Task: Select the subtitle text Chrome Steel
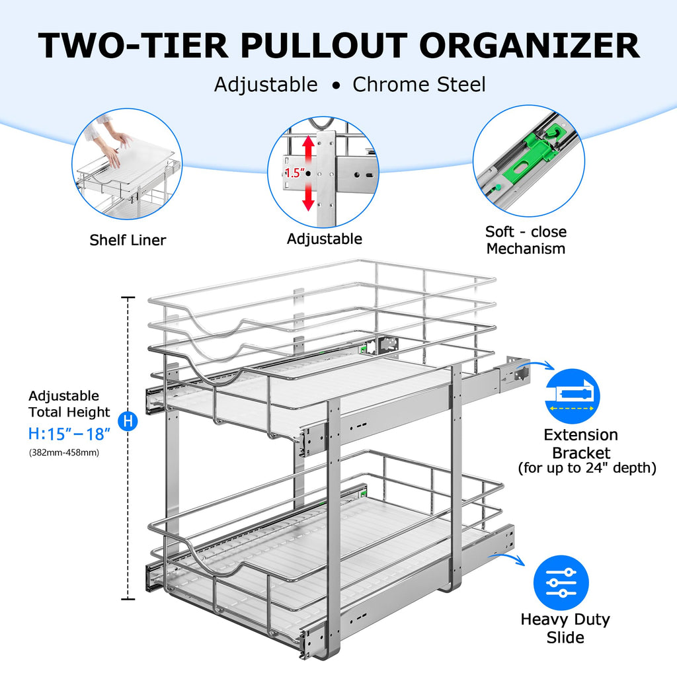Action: point(419,85)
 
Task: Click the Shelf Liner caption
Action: point(128,240)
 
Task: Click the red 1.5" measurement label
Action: point(294,173)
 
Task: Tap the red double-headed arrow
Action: point(308,173)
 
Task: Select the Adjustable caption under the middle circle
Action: point(324,239)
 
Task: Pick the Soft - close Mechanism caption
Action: point(526,240)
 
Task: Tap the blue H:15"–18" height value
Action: point(69,434)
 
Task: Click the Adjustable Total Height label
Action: point(69,404)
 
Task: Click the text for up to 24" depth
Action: point(586,469)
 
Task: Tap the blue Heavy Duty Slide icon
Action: point(561,582)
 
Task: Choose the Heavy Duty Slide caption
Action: point(565,628)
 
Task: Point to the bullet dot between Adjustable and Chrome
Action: point(336,86)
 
